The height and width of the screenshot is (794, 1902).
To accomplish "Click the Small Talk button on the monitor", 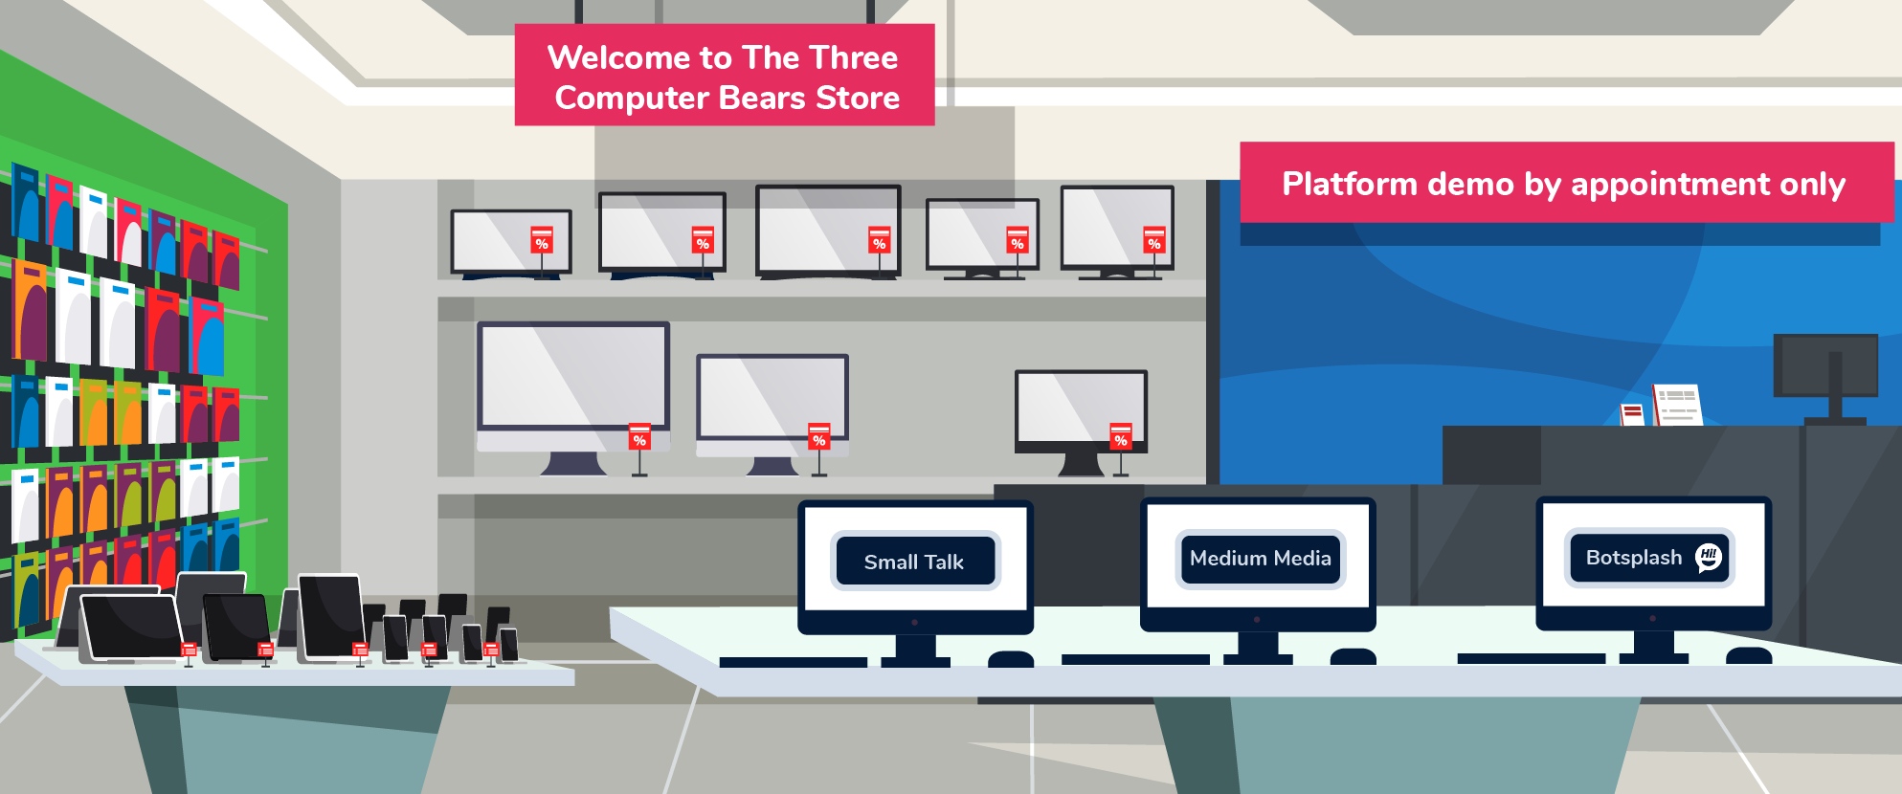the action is pos(915,562).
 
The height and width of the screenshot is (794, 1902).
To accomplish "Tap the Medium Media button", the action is pos(1260,559).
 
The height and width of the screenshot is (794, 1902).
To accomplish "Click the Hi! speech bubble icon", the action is pos(1709,557).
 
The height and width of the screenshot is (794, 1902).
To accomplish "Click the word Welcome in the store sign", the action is pos(618,58).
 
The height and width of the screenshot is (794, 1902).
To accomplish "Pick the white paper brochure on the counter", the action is pos(1678,405).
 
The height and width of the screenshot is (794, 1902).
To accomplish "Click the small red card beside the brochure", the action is pos(1632,414).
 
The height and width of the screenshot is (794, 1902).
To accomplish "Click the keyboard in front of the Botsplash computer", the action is pos(1531,659).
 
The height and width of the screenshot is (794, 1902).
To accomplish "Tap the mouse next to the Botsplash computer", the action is pos(1749,656).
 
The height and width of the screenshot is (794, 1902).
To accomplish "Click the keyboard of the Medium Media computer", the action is pos(1135,659).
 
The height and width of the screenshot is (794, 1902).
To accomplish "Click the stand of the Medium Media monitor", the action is pos(1258,646).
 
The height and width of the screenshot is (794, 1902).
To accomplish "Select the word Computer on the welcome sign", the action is pos(632,99).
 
